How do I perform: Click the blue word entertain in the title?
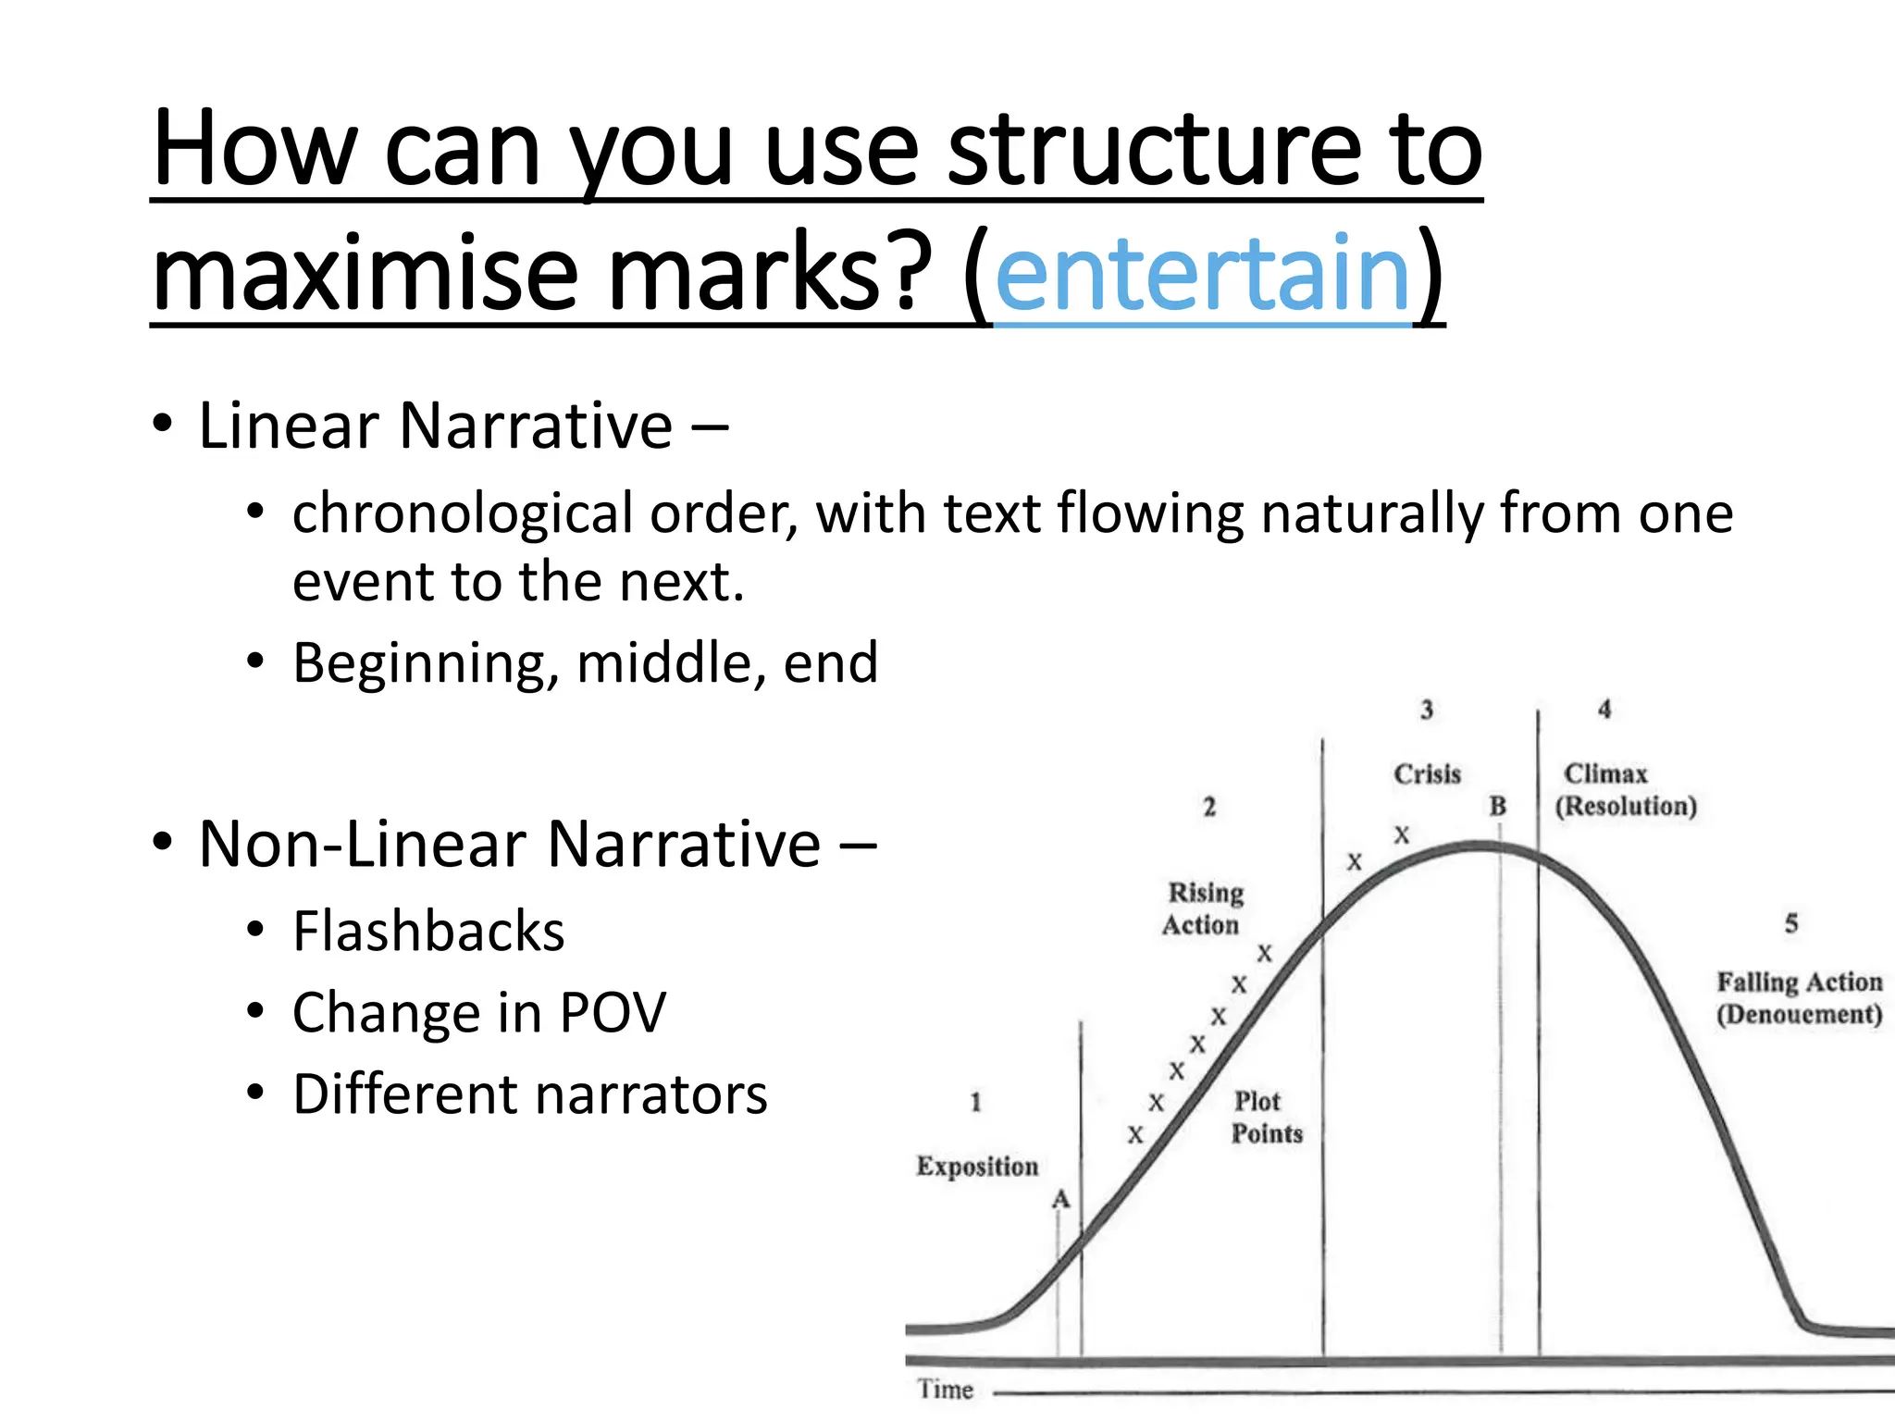coord(1202,274)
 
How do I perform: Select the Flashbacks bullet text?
coord(428,931)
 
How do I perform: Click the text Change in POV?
coord(479,1012)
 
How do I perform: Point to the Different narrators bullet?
coord(529,1094)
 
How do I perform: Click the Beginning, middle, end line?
coord(585,663)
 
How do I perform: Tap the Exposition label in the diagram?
coord(977,1166)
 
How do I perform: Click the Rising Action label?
coord(1203,908)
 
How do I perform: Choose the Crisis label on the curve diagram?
coord(1427,773)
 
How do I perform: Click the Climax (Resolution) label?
coord(1625,789)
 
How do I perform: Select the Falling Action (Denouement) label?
coord(1799,997)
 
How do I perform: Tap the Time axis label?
coord(945,1389)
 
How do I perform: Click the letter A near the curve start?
coord(1060,1200)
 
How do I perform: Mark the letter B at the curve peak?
coord(1497,806)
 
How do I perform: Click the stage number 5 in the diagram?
coord(1791,923)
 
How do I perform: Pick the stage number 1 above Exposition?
coord(975,1102)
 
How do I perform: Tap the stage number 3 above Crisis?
coord(1427,710)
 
